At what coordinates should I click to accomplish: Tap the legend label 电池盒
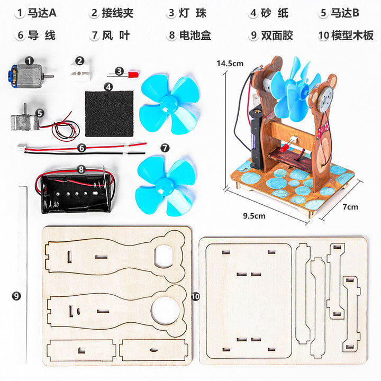(x=195, y=35)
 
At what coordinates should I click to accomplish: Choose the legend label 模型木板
(x=352, y=35)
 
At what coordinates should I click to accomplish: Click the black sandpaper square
(x=108, y=112)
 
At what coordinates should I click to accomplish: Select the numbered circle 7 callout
(x=165, y=147)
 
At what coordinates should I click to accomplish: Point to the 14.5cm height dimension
(x=229, y=63)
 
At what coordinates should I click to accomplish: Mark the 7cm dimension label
(x=350, y=207)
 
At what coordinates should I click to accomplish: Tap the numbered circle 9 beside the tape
(x=16, y=296)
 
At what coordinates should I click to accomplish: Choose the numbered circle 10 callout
(x=195, y=297)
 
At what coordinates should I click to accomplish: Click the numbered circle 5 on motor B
(x=40, y=113)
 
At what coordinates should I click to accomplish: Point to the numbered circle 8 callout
(x=81, y=169)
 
